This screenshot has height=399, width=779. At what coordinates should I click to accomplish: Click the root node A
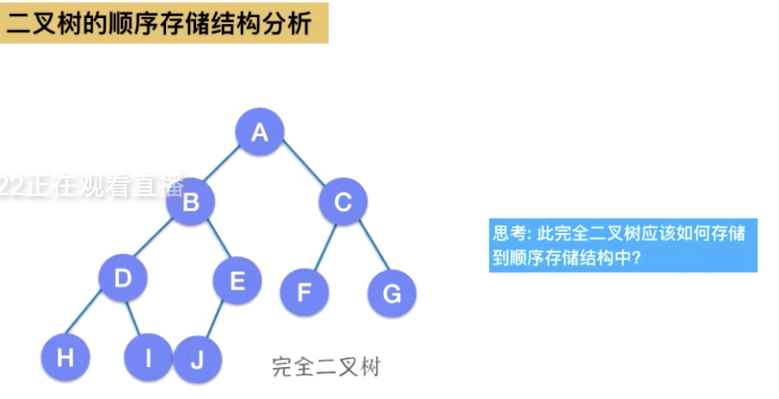point(259,133)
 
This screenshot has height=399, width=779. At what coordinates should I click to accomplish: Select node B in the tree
point(191,202)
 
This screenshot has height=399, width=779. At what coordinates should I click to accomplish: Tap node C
point(343,202)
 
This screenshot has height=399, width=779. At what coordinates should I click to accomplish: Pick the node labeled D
point(123,278)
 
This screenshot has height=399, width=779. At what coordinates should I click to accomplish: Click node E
point(238,281)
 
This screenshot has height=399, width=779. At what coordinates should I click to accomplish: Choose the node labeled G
point(392,293)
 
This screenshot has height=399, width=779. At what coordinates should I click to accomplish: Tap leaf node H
point(66,358)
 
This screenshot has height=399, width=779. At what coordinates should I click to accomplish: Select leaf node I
point(147,358)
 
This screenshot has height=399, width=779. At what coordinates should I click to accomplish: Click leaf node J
point(197,360)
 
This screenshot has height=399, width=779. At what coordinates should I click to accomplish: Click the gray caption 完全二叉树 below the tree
point(325,366)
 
